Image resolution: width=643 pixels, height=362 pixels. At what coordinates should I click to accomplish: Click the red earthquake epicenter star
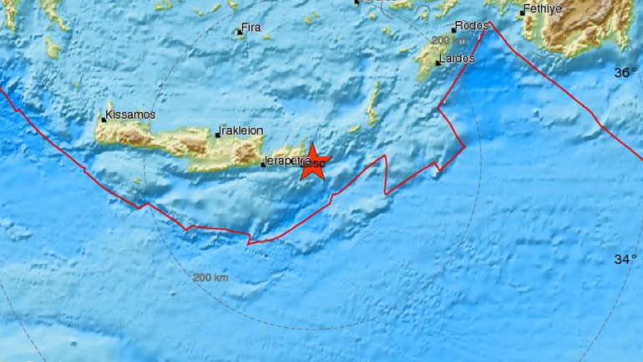click(313, 161)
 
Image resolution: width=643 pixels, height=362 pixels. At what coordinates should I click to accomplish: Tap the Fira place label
click(251, 28)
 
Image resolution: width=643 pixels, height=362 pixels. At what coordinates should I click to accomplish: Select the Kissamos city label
click(131, 115)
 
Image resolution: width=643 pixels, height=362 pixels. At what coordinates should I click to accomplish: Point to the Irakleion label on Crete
click(240, 131)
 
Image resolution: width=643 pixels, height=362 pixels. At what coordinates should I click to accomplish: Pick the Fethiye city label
click(542, 11)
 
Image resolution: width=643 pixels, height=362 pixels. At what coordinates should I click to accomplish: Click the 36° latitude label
click(625, 73)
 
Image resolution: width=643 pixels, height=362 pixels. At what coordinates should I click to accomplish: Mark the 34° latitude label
click(625, 260)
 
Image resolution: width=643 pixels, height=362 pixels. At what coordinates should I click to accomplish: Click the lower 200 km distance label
click(210, 277)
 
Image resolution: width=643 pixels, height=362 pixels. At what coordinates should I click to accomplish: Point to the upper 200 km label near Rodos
click(448, 40)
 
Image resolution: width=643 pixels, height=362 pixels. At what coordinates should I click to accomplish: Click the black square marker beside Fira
click(238, 33)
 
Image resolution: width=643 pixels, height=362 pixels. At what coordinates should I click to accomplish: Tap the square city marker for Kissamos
click(104, 120)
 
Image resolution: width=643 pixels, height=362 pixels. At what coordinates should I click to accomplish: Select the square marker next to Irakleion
click(218, 135)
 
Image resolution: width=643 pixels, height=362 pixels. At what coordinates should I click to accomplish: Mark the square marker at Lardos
click(439, 61)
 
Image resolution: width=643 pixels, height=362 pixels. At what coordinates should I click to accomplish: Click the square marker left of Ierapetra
click(263, 164)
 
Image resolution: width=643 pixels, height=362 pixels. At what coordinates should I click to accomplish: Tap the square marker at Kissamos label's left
click(104, 120)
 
